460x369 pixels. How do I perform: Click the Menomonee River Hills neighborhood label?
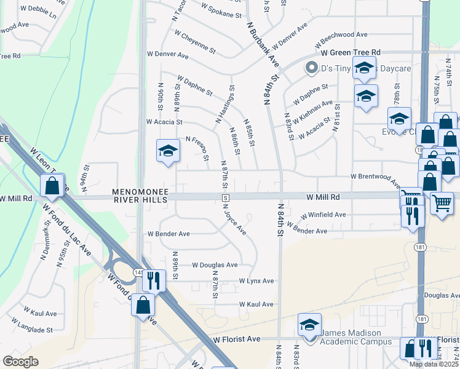140,196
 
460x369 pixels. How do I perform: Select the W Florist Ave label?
237,339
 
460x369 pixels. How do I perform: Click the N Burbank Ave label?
263,46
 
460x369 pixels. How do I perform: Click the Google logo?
20,362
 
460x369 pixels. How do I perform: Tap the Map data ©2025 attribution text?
434,364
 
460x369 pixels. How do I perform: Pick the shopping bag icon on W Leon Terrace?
53,184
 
